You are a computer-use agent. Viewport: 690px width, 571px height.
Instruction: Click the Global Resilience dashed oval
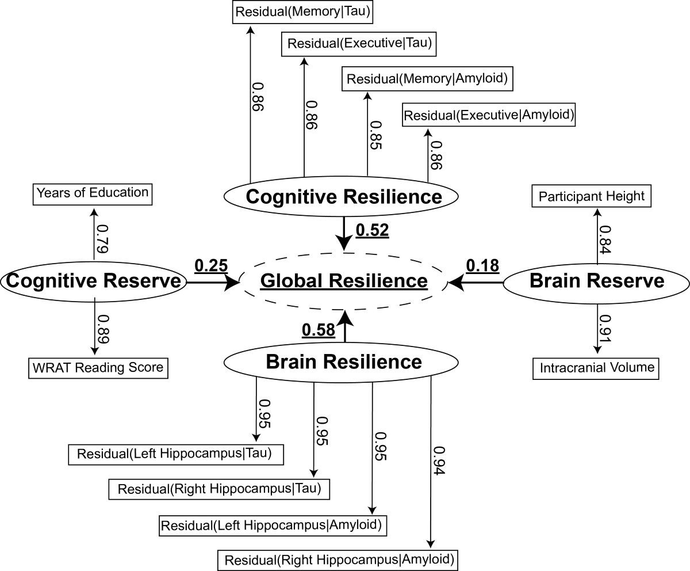(x=344, y=281)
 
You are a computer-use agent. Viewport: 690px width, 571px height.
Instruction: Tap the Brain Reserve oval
(x=596, y=281)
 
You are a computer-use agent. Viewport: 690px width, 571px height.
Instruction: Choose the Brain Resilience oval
(x=344, y=362)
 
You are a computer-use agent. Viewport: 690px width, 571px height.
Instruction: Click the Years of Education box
(x=92, y=192)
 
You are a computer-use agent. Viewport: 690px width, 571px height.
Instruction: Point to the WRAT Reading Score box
(x=98, y=367)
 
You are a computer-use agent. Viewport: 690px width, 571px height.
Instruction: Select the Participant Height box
(x=591, y=196)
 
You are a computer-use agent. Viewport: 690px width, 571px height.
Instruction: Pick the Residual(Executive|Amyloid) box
(x=489, y=115)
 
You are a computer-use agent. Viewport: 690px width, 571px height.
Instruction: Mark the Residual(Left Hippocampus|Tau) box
(x=178, y=454)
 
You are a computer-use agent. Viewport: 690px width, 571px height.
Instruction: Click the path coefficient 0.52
(x=372, y=230)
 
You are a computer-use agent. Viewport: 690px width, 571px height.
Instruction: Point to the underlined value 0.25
(x=211, y=266)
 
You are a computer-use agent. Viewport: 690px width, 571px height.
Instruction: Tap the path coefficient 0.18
(x=482, y=266)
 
